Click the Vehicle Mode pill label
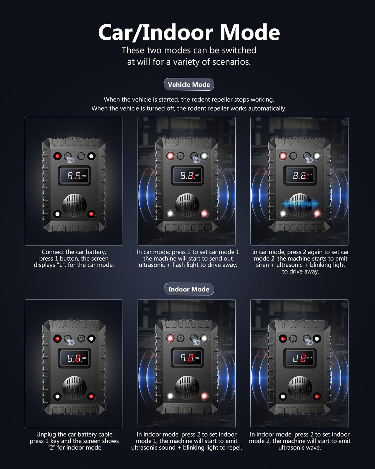click(x=189, y=84)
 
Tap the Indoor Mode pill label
click(x=189, y=289)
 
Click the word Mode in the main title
click(x=250, y=33)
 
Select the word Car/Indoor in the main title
click(x=156, y=33)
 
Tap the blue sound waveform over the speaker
click(x=301, y=204)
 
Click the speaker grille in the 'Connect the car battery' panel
click(x=74, y=205)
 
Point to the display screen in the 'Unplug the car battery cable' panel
click(x=74, y=358)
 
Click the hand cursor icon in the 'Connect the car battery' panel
click(x=70, y=159)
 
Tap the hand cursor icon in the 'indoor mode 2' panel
click(x=308, y=341)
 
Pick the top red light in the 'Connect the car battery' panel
click(x=57, y=156)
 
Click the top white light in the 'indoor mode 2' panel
click(x=317, y=339)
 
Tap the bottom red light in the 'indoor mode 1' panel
click(x=204, y=396)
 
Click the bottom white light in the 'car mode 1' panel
click(x=170, y=214)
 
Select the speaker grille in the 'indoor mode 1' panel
click(x=187, y=388)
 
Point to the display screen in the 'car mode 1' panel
click(x=187, y=175)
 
